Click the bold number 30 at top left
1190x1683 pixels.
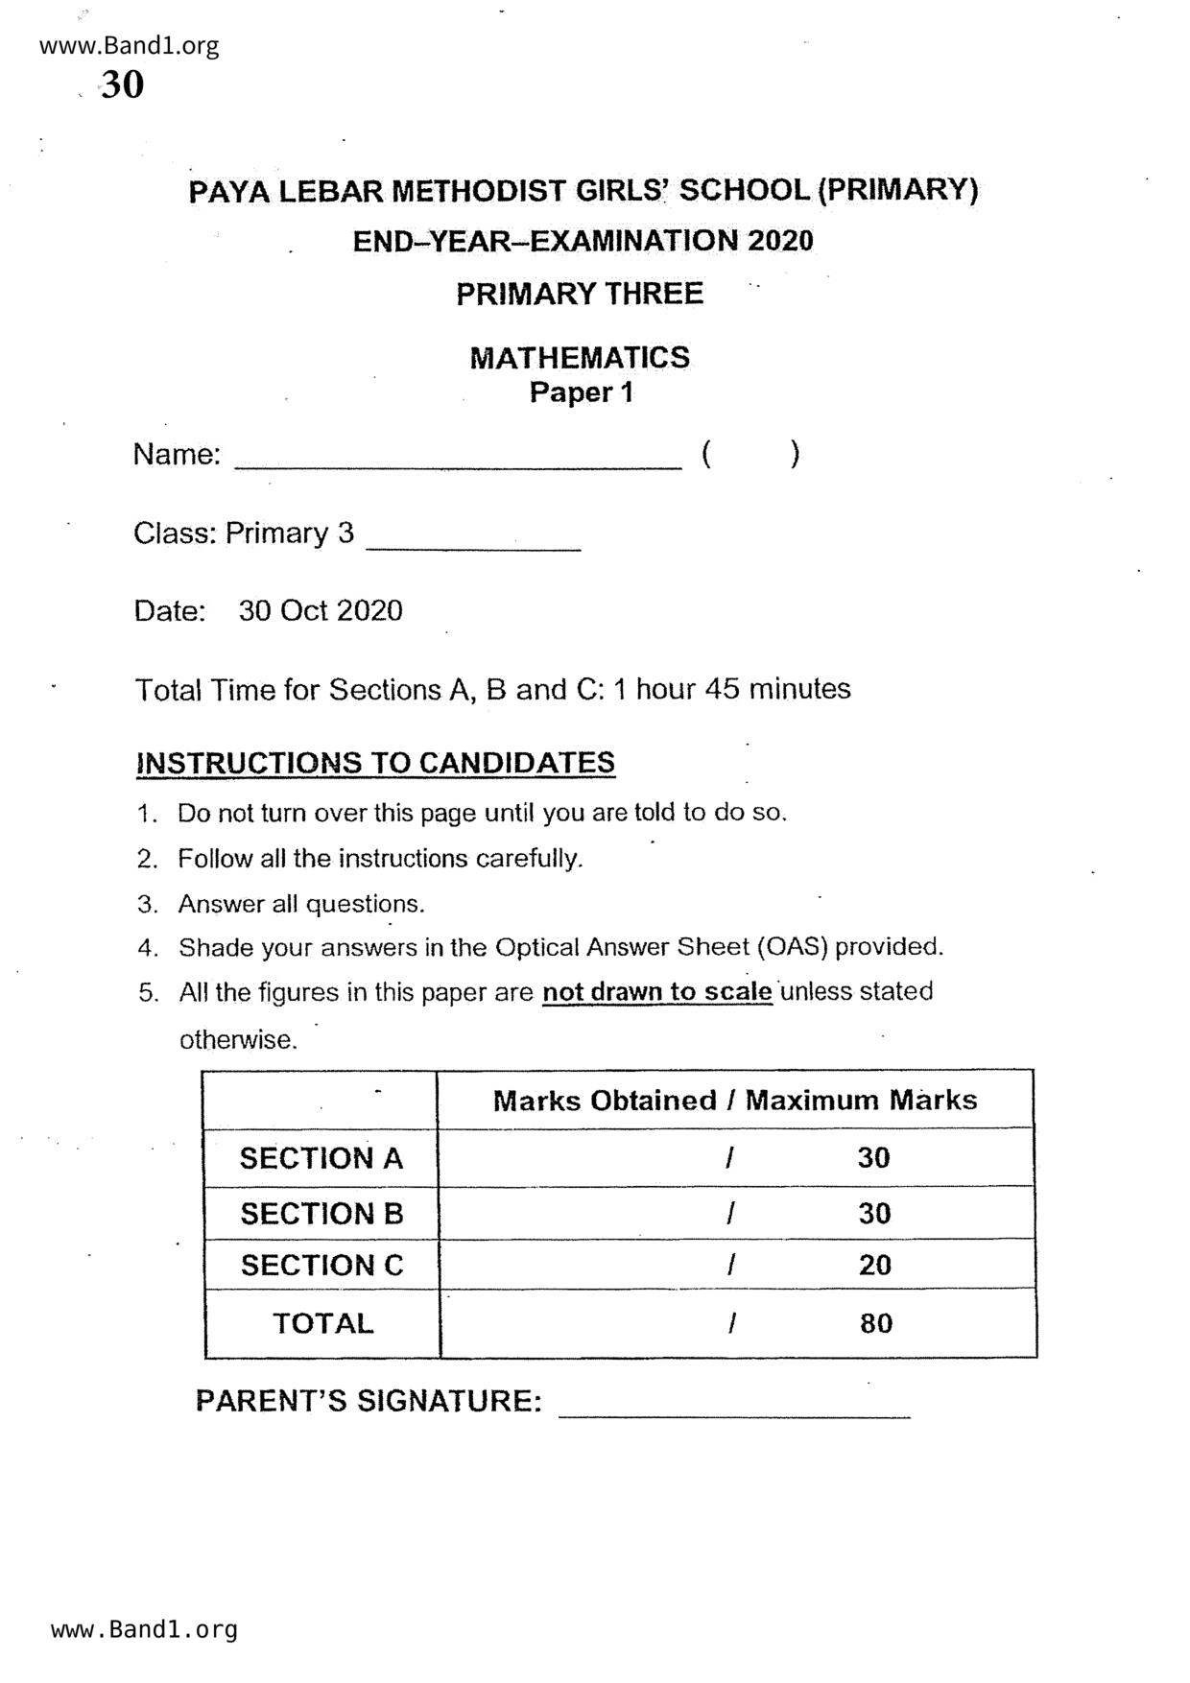pyautogui.click(x=122, y=85)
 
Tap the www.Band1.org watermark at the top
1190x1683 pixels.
pyautogui.click(x=130, y=45)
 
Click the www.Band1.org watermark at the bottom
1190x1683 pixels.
pyautogui.click(x=144, y=1629)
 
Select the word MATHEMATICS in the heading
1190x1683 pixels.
pyautogui.click(x=580, y=358)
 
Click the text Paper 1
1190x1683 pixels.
pyautogui.click(x=582, y=392)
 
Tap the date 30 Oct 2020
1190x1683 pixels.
pyautogui.click(x=321, y=611)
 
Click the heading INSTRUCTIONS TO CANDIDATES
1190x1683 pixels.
pyautogui.click(x=375, y=763)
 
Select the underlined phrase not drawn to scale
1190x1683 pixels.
pyautogui.click(x=657, y=991)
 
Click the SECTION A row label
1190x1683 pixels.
pyautogui.click(x=321, y=1158)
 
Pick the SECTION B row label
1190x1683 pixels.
pyautogui.click(x=321, y=1214)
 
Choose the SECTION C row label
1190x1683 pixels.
pyautogui.click(x=321, y=1266)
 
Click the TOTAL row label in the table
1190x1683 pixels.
pyautogui.click(x=322, y=1323)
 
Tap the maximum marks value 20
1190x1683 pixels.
pyautogui.click(x=874, y=1266)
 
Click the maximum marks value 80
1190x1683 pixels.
pyautogui.click(x=875, y=1324)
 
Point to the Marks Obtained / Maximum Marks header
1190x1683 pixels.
pyautogui.click(x=735, y=1101)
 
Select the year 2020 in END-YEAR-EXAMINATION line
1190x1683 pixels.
pyautogui.click(x=779, y=241)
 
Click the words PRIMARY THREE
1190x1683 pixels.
pyautogui.click(x=580, y=294)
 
